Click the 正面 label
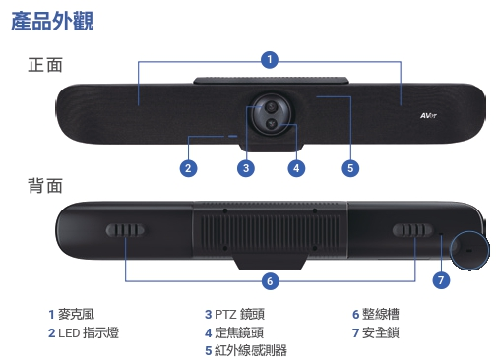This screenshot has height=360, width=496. (45, 66)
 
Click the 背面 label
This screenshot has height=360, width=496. (45, 185)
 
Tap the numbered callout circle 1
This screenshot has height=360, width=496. (270, 60)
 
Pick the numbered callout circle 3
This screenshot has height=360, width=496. (247, 167)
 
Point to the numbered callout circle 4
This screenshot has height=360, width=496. (295, 167)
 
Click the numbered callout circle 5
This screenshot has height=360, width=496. (349, 167)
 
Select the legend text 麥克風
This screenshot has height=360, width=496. (76, 314)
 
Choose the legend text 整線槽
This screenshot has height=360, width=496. (379, 314)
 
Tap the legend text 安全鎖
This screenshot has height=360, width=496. (379, 332)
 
